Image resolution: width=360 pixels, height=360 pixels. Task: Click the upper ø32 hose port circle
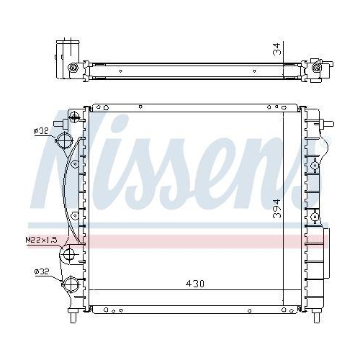[x=67, y=140]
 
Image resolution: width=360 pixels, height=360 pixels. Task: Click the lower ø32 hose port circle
[x=71, y=284]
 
